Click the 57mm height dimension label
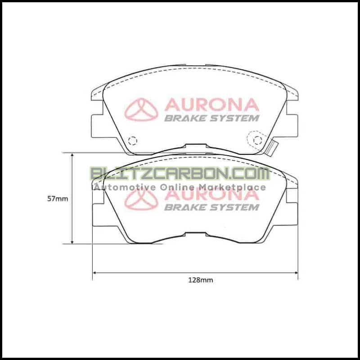(x=58, y=198)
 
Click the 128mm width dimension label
(x=200, y=280)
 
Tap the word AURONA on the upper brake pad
(x=211, y=105)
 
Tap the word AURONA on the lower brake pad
(x=211, y=195)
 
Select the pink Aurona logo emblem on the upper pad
(x=141, y=109)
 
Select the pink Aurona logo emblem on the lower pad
(x=141, y=199)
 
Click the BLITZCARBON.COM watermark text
(x=180, y=174)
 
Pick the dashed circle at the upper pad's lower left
(x=132, y=141)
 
